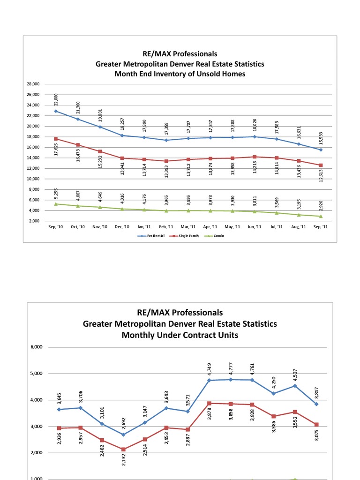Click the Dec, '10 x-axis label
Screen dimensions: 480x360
point(121,227)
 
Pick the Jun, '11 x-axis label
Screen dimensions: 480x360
point(255,227)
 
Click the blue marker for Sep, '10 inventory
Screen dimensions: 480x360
point(56,111)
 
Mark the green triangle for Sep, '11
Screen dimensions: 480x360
point(321,216)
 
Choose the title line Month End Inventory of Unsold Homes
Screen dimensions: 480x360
point(180,74)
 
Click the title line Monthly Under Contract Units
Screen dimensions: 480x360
point(180,335)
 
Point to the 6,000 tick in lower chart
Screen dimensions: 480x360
point(37,347)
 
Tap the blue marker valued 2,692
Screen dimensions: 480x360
point(123,435)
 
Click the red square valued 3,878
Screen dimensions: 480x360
point(209,403)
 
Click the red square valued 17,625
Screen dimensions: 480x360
point(56,139)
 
